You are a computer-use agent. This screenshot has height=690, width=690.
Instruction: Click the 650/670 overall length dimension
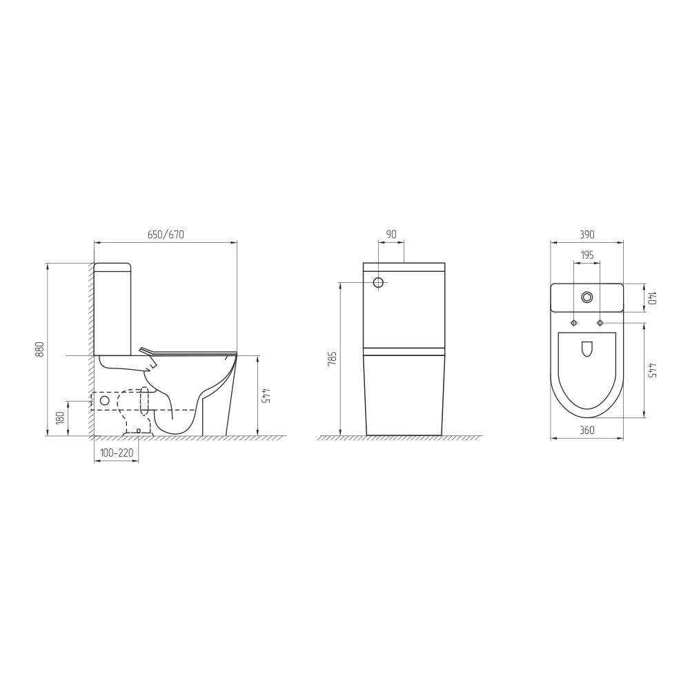166,235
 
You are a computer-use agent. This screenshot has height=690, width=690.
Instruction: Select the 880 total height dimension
40,349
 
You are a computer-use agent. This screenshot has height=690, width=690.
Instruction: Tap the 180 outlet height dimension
61,417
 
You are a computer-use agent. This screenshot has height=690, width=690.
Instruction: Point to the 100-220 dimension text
117,453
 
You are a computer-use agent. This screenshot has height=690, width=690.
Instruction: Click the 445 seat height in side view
266,395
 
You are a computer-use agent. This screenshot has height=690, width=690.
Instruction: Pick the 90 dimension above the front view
391,235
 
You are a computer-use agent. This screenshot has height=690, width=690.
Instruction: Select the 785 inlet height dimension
333,359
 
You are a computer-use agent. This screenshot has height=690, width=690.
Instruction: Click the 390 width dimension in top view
587,235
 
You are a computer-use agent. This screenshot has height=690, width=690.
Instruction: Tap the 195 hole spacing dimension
587,255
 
